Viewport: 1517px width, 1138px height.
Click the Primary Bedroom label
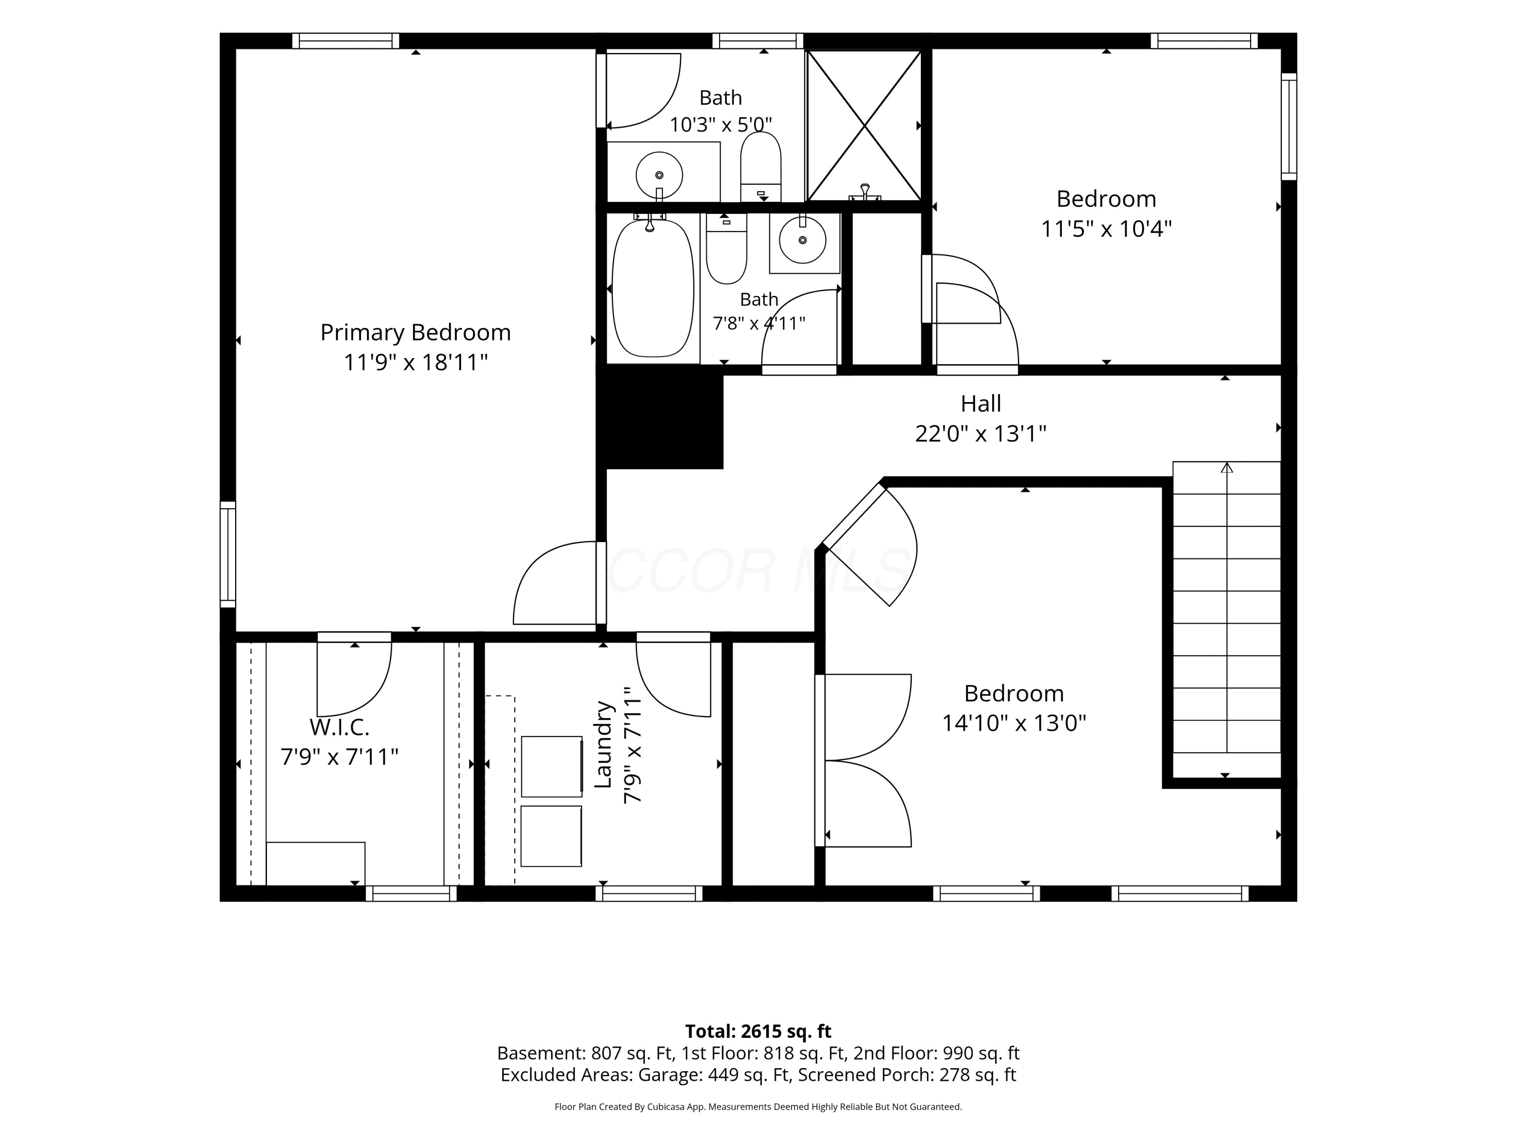(x=416, y=333)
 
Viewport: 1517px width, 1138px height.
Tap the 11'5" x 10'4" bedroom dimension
(x=1106, y=229)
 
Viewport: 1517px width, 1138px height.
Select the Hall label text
(x=980, y=403)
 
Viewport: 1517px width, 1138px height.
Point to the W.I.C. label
(x=339, y=726)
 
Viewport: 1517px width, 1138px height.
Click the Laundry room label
(x=602, y=745)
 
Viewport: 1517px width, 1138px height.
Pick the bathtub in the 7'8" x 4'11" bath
(x=652, y=288)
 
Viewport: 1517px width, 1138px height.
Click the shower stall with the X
(x=864, y=125)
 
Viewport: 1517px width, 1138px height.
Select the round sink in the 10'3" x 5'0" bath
(x=659, y=175)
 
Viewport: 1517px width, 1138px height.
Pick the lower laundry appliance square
(x=551, y=836)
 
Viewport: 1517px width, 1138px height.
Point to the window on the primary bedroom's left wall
(x=228, y=554)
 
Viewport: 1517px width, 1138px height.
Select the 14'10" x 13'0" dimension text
(x=1014, y=723)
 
